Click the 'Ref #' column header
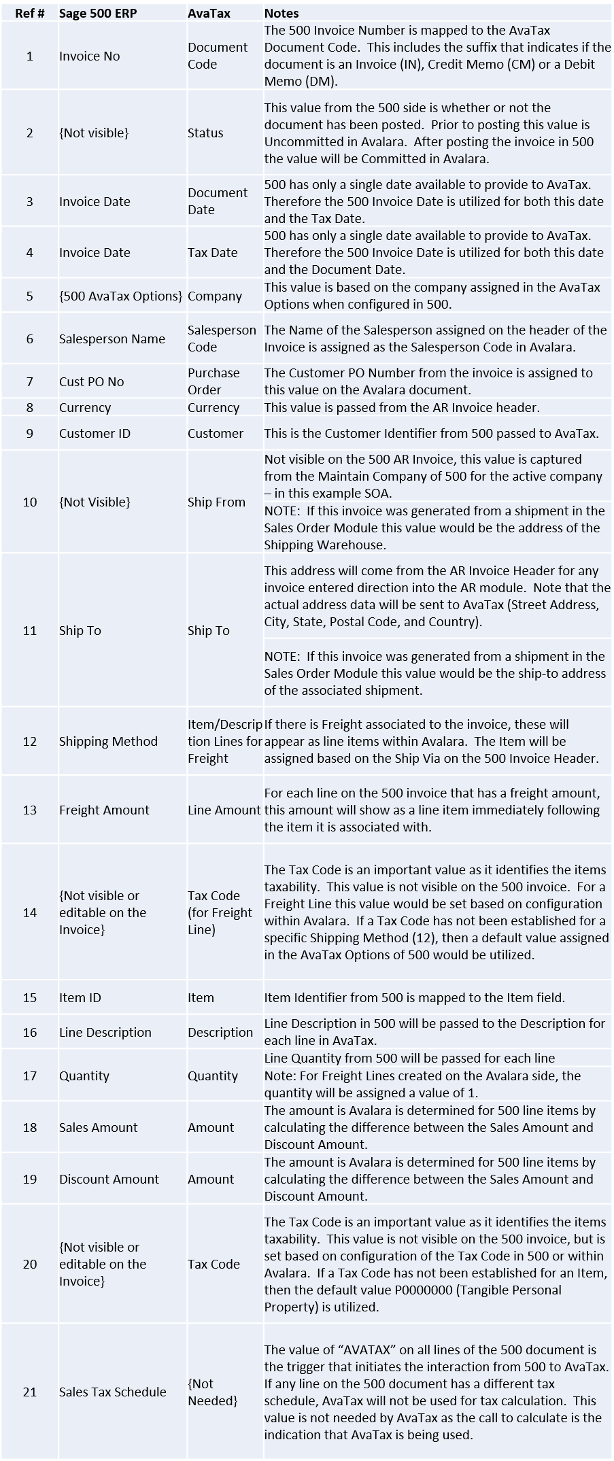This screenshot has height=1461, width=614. [29, 13]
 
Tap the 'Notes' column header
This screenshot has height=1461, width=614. [281, 13]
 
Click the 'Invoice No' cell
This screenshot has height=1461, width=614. [89, 56]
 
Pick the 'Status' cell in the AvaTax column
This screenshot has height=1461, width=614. [205, 133]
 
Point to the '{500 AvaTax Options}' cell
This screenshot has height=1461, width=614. [120, 296]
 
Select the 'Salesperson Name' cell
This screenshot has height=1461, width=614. [112, 339]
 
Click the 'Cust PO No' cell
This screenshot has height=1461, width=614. [91, 381]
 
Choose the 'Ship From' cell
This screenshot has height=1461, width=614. [216, 502]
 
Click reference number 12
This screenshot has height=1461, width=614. [30, 741]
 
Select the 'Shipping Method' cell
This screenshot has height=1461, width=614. [108, 741]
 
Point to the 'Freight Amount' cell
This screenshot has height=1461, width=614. [104, 810]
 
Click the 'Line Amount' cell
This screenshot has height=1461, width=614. [224, 810]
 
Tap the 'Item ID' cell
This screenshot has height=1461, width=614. [80, 997]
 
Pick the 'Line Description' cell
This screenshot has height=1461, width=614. [105, 1032]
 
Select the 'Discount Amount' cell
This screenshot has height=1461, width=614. [109, 1179]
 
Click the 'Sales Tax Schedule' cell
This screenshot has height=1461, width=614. [112, 1392]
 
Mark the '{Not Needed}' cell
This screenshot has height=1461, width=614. [212, 1392]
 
